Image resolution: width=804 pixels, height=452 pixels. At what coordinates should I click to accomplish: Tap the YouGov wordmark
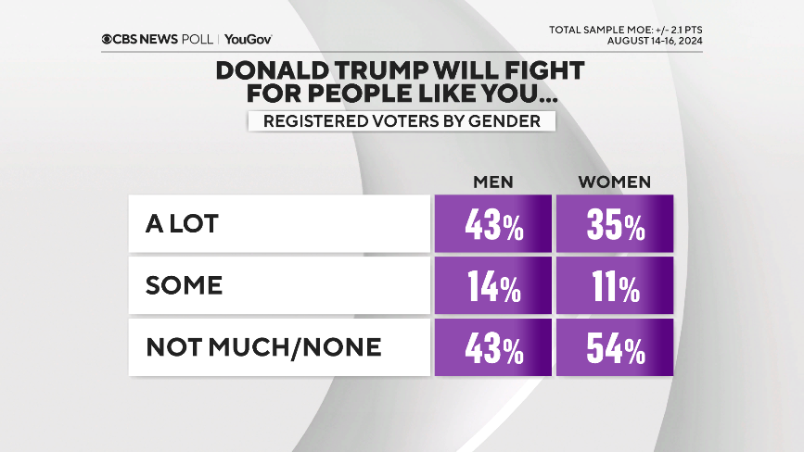248,40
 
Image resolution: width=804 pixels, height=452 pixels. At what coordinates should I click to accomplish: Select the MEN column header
493,181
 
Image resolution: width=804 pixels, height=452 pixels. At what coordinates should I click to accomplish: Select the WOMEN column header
614,181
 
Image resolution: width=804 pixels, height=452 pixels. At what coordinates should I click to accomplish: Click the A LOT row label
182,224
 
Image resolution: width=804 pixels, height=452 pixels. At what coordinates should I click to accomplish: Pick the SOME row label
184,286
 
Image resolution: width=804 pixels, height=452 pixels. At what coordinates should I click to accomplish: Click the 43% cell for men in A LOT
493,224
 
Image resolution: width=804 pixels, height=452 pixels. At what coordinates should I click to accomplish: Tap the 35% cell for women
614,224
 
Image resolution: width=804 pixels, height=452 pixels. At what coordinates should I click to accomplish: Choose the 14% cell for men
493,286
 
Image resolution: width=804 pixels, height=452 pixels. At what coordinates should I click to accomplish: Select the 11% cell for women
614,286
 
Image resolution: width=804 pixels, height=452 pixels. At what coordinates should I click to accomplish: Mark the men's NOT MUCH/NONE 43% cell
493,348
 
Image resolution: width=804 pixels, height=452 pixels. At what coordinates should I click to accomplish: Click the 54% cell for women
614,348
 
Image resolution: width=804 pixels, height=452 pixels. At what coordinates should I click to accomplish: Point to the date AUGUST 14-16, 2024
654,40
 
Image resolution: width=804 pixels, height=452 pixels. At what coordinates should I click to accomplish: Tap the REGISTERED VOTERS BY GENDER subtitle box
401,121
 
